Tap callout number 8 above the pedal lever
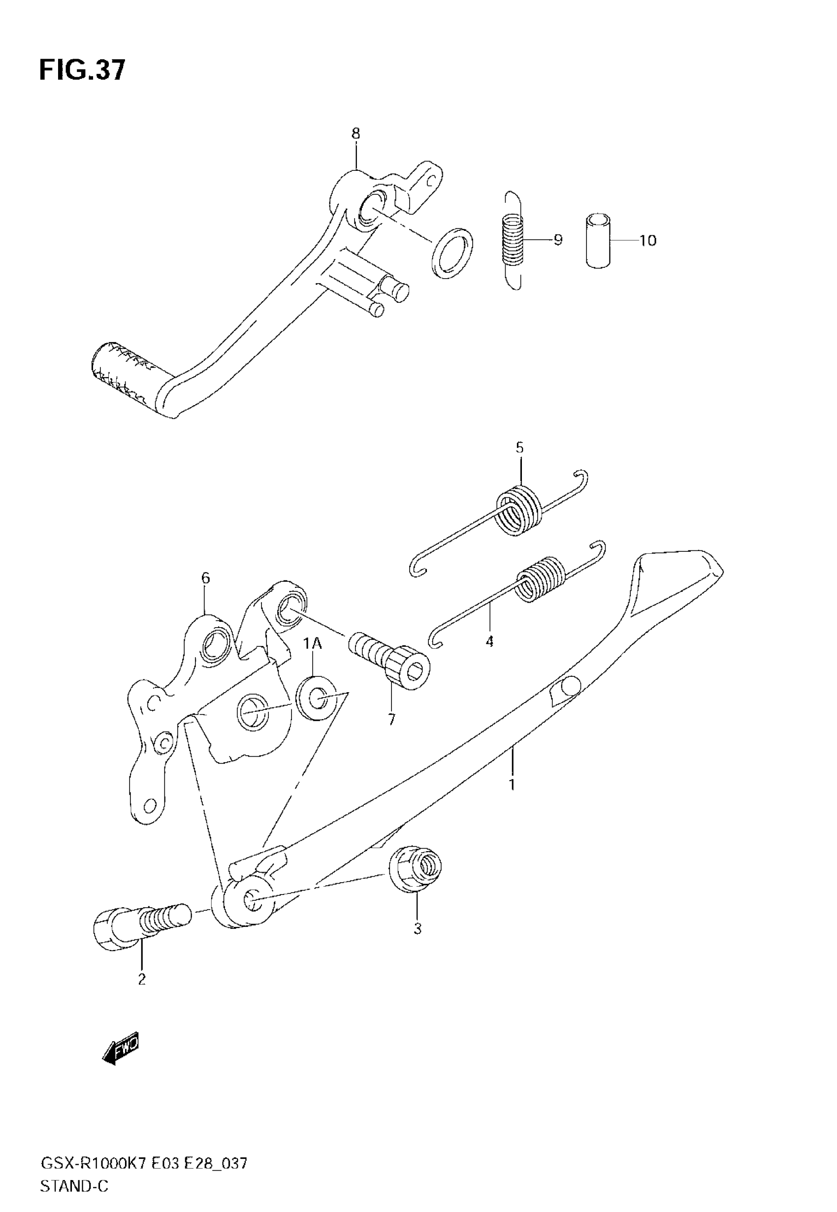[x=356, y=134]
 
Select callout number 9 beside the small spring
[x=557, y=240]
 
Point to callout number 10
[x=648, y=241]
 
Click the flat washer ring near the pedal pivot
[x=452, y=253]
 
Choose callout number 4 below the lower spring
[x=489, y=640]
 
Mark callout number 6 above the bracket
[x=206, y=578]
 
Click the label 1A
[x=313, y=643]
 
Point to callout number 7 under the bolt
[x=392, y=719]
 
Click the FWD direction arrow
[x=121, y=1048]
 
